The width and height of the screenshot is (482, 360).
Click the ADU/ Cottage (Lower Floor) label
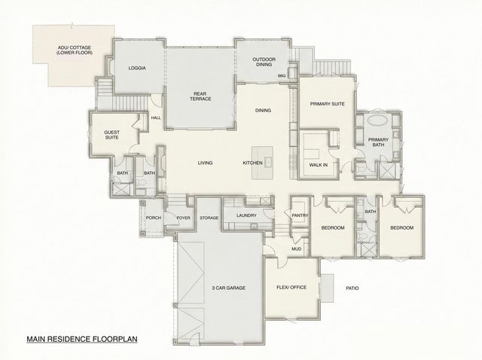(72, 53)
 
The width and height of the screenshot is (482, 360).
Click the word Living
(205, 163)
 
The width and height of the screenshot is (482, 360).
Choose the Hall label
(156, 117)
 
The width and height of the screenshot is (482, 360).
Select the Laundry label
(246, 216)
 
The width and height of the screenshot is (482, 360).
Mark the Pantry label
(299, 215)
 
